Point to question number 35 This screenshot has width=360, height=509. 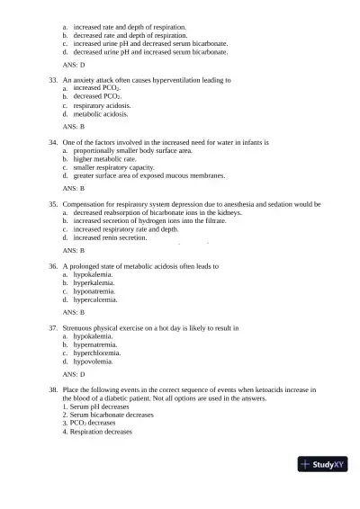click(x=54, y=205)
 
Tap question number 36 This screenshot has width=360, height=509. click(x=54, y=267)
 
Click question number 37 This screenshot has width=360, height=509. click(x=54, y=329)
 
